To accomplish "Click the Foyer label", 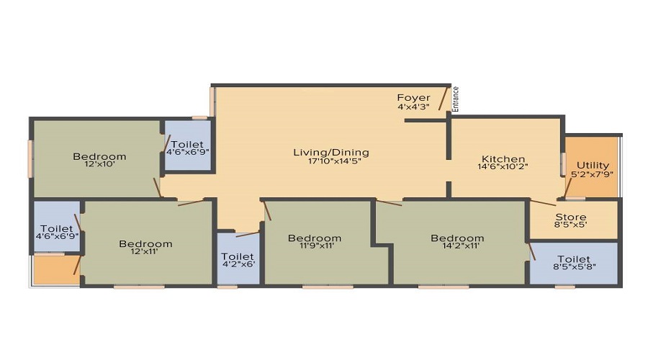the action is [x=413, y=98].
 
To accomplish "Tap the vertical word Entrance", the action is [x=456, y=99].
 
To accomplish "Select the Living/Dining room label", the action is [x=331, y=152].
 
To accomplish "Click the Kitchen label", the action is [x=503, y=158].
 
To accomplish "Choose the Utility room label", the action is [x=593, y=166].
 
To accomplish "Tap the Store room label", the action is [x=571, y=217].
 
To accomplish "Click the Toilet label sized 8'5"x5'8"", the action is [x=574, y=260].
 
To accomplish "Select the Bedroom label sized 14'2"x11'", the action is [x=457, y=238].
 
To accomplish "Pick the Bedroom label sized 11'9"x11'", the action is [x=315, y=238].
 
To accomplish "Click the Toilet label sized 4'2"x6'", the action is [x=237, y=256].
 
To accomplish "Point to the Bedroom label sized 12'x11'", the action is [x=145, y=244].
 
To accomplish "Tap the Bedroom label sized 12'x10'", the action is [x=99, y=156].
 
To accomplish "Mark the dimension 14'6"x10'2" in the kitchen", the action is [x=503, y=167].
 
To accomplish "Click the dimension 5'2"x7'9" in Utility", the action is [x=592, y=174].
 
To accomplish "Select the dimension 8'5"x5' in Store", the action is [x=570, y=225].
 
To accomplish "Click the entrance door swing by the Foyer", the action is [x=444, y=98].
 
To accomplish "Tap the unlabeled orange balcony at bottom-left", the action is [x=56, y=269].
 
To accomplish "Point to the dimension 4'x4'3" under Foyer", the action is [x=413, y=107].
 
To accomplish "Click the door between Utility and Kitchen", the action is [x=569, y=189].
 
